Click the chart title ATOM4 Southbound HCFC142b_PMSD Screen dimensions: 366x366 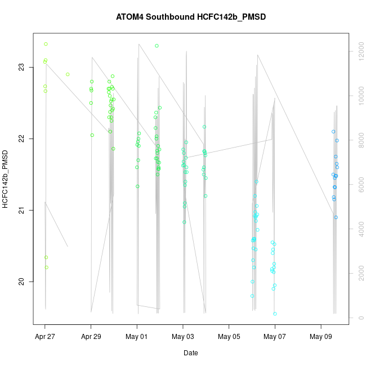[x=190, y=17]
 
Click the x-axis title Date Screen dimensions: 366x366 [x=190, y=353]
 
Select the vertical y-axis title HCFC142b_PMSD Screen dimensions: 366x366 [x=5, y=179]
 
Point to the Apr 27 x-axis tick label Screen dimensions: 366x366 [x=45, y=337]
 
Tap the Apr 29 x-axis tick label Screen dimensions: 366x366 [x=91, y=337]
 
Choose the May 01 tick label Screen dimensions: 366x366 [x=137, y=337]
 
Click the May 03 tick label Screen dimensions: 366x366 [x=183, y=337]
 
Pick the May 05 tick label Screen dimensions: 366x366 [x=229, y=337]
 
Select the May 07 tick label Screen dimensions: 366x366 [x=275, y=337]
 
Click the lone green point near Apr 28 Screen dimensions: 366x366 [x=68, y=74]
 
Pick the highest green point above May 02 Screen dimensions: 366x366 [x=157, y=46]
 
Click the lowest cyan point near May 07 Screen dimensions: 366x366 [x=275, y=314]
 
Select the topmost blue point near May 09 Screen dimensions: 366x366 [x=333, y=132]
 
